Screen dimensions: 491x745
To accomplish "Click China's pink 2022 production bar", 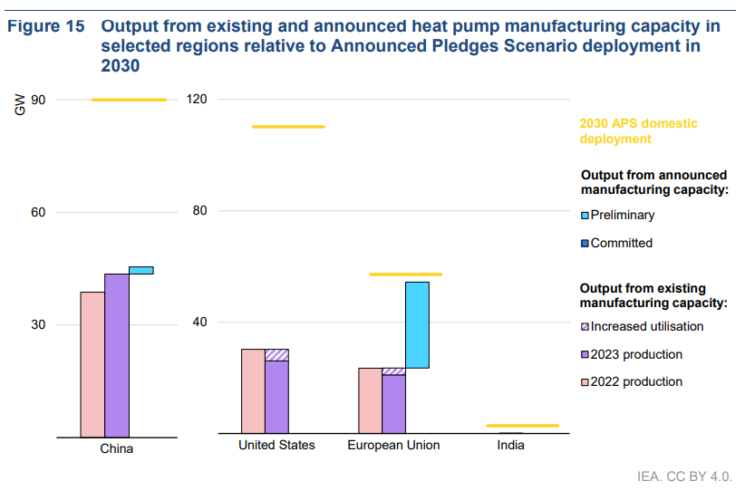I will pos(92,364).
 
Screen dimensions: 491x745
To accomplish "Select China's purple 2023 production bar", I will pos(116,355).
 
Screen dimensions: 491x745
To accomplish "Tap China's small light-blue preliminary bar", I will pos(141,270).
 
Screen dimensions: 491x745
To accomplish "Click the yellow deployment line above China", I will pos(130,100).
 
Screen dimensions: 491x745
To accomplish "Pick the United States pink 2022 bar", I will pos(253,391).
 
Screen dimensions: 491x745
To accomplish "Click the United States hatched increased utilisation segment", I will pos(276,355).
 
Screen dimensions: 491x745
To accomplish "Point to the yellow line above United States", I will pos(288,127).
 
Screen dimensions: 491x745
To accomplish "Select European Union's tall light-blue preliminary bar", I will pos(417,324).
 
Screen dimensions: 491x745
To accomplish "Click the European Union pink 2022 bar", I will pos(370,400).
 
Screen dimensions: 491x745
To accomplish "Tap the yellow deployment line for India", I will pos(522,425).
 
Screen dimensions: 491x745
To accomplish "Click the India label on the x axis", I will pos(510,446).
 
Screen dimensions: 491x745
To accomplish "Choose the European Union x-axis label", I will pos(393,446).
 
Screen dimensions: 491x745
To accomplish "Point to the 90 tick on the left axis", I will pos(38,100).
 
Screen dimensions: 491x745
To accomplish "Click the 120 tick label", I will pos(198,100).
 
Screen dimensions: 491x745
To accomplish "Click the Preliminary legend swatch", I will pos(585,216).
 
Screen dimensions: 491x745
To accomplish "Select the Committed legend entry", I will pos(621,243).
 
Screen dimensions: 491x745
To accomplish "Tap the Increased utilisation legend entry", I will pos(646,326).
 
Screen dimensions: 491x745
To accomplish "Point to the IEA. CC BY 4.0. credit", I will pos(684,475).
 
